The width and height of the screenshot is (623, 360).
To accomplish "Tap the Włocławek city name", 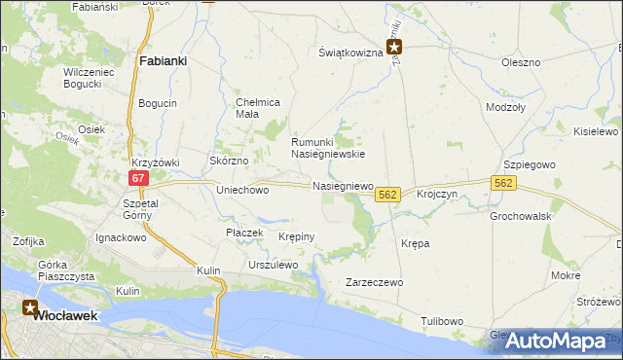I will tap(63, 315).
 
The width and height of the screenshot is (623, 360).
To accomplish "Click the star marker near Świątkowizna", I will tap(394, 46).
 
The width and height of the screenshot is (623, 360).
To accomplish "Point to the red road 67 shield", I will tap(137, 178).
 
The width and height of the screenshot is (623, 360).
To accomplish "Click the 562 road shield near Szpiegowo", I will tap(503, 183).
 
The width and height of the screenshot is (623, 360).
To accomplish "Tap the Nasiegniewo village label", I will tap(343, 185).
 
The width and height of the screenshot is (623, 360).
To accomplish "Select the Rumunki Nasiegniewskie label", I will tap(328, 147).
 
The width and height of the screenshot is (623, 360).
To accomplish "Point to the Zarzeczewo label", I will tap(375, 282).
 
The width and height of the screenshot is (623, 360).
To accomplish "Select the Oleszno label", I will tap(520, 62).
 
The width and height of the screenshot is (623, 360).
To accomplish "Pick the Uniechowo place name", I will tap(242, 191).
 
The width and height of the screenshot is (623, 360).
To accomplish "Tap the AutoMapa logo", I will tap(555, 342).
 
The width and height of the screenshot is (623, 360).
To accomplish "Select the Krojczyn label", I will tap(436, 195).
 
